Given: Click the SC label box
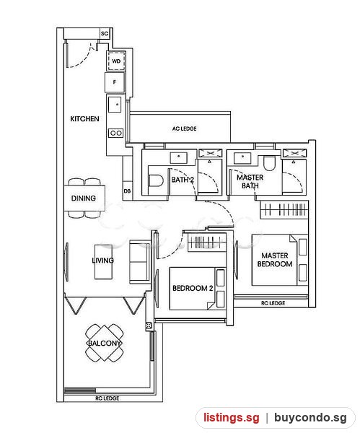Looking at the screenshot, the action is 105,33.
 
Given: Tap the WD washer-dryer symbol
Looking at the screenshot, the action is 116,61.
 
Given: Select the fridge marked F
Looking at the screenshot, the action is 115,82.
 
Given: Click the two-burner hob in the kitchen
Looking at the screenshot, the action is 116,133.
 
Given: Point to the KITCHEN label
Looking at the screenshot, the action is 84,119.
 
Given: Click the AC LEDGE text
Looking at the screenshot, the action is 185,128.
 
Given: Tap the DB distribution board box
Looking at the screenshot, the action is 127,191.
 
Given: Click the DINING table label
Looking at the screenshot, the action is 84,198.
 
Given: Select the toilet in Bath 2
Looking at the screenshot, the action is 155,181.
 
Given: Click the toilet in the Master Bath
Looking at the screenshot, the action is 269,164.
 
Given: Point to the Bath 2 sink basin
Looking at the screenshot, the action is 179,157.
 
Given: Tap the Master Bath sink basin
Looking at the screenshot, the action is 242,158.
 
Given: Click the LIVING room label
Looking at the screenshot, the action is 102,260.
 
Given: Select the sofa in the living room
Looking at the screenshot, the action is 140,262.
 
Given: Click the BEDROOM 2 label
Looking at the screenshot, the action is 193,288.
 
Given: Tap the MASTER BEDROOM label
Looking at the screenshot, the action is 275,260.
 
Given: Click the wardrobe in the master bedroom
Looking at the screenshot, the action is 284,209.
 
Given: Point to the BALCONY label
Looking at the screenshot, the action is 105,344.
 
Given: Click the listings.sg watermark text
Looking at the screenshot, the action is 232,417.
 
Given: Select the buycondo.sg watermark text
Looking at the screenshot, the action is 310,417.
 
